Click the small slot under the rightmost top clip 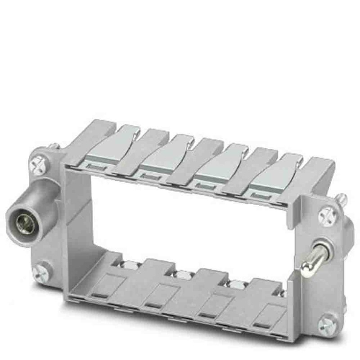pyautogui.click(x=257, y=196)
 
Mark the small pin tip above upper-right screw pyautogui.click(x=342, y=197)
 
